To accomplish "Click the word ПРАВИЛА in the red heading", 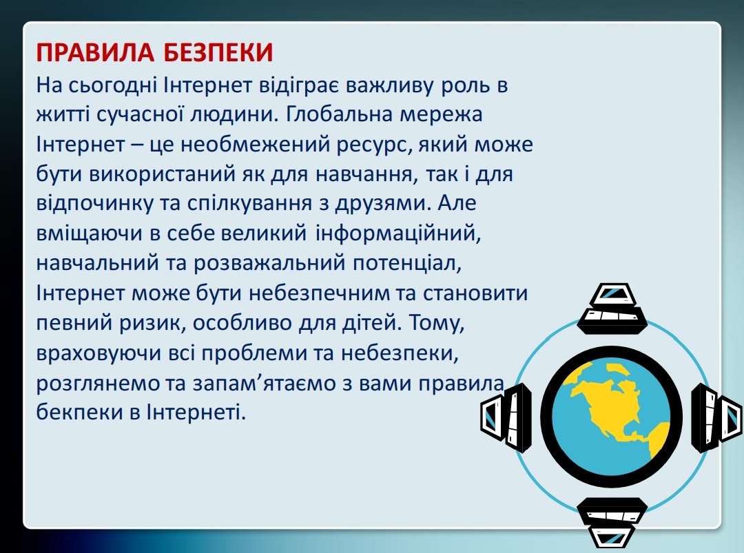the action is coord(95,52).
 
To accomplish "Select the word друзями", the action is coord(382,204).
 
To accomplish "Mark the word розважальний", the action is coord(269,263).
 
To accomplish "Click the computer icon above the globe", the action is coord(612,309).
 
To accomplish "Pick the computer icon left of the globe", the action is coord(506,417).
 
